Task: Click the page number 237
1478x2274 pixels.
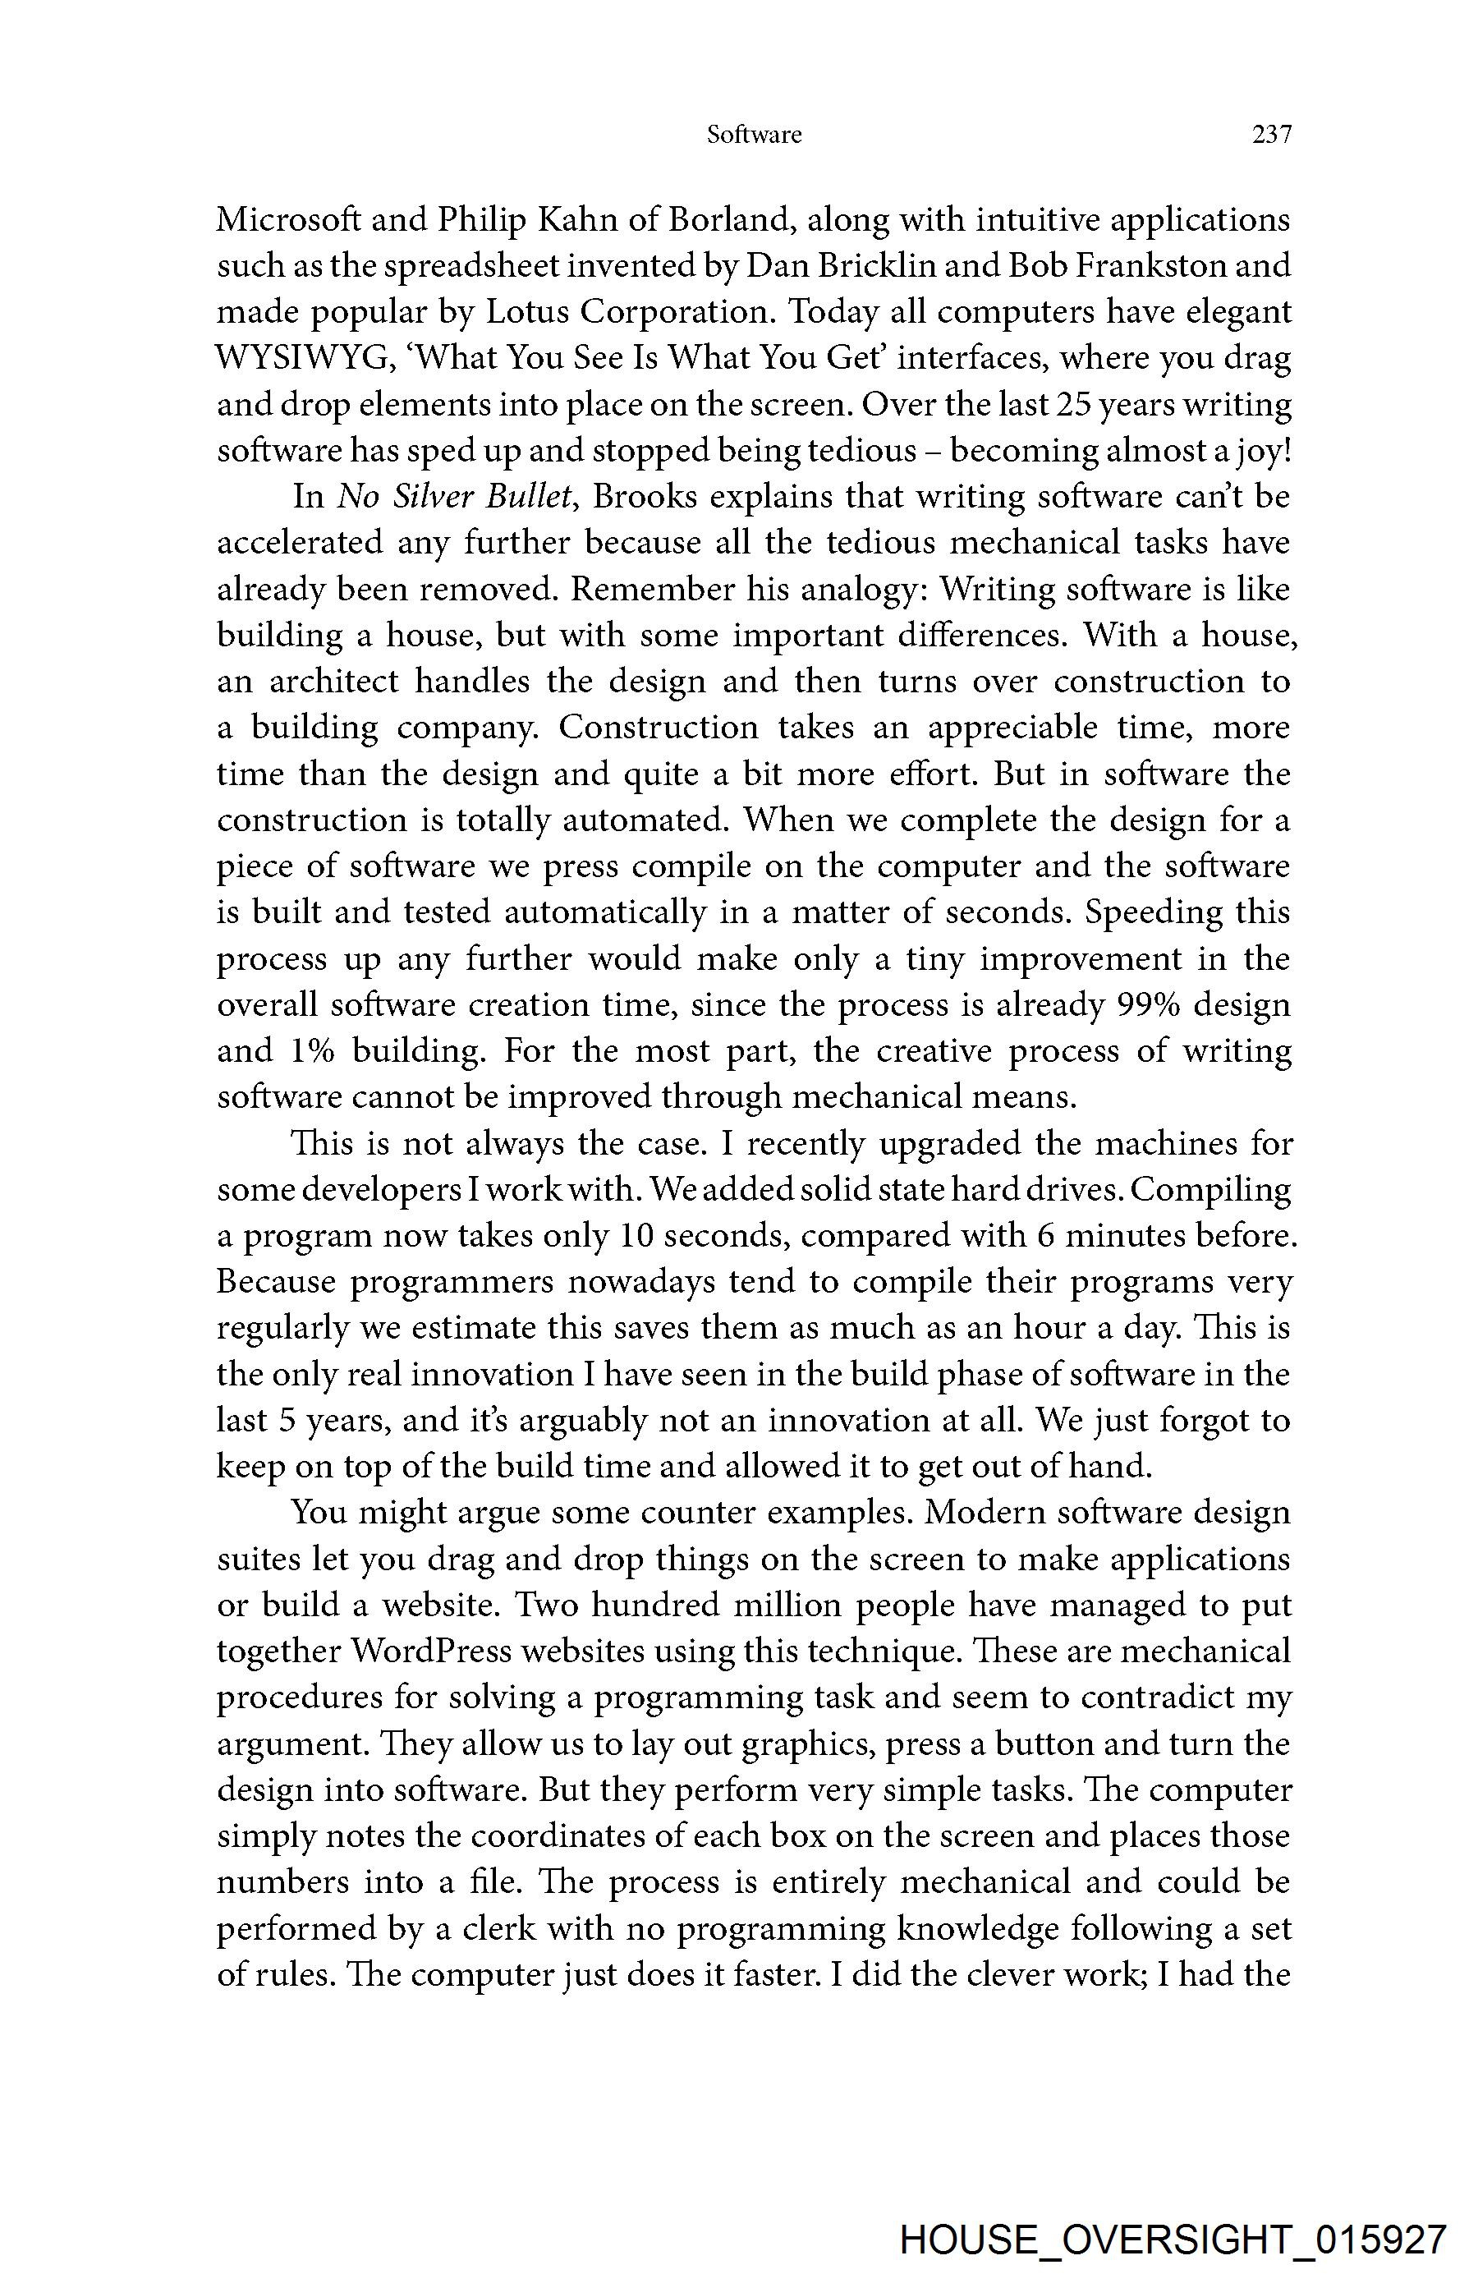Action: coord(1271,135)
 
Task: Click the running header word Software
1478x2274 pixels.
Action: coord(754,135)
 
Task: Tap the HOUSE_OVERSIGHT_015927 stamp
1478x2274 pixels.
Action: coord(1173,2240)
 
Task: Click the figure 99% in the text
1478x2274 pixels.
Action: coord(1140,1005)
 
